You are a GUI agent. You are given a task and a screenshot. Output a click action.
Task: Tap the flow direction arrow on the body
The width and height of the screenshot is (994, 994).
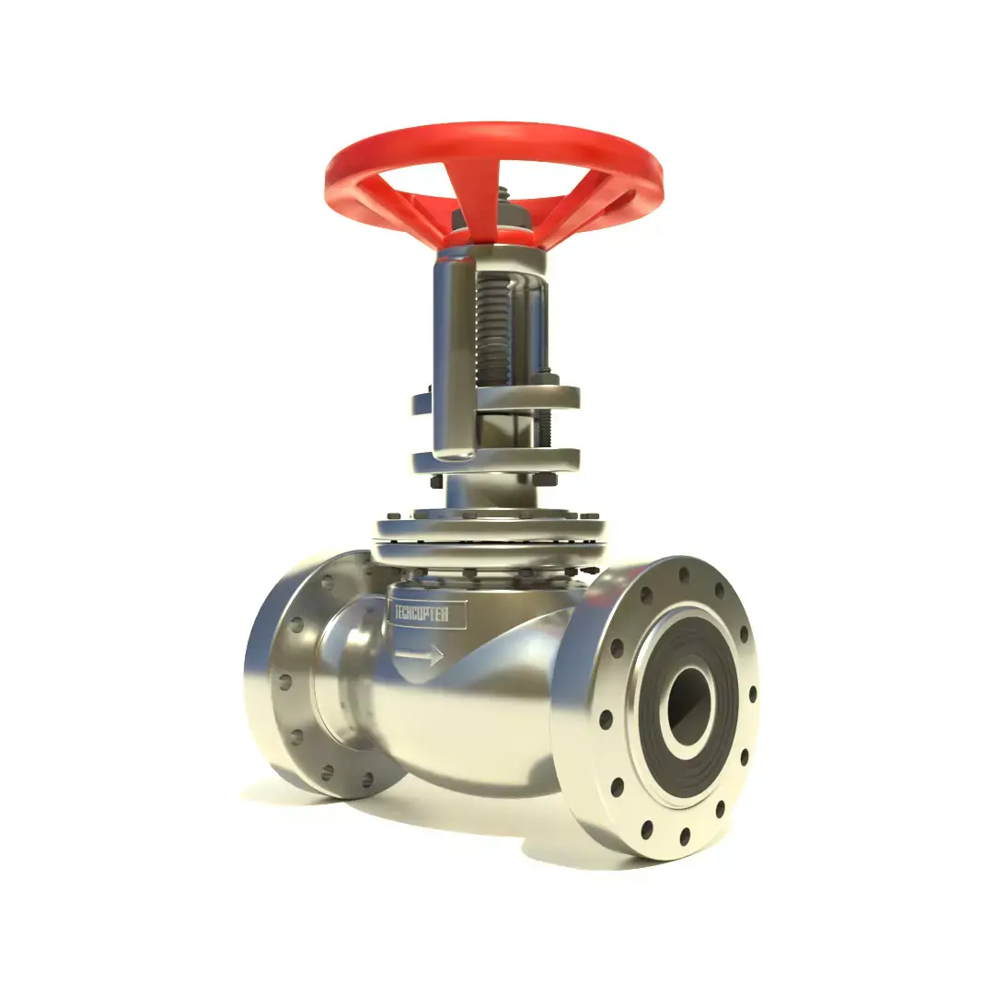pos(420,655)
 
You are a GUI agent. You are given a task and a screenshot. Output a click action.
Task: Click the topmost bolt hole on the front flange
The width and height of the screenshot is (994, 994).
pos(682,576)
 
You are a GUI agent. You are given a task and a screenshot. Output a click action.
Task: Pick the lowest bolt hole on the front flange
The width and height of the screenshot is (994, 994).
pos(685,836)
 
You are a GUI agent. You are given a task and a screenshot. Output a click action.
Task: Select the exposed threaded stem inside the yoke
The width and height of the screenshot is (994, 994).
pos(494,331)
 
